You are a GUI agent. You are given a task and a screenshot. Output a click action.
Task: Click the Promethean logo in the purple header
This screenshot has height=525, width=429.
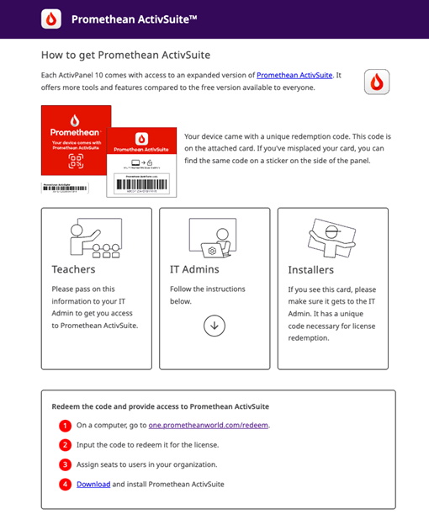[51, 19]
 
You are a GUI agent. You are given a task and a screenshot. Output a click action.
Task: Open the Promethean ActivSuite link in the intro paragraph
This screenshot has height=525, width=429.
[294, 76]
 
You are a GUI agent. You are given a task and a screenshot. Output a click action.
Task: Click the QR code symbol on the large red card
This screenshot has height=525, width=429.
[76, 162]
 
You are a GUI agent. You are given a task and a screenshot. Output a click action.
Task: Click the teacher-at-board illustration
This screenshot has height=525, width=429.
[95, 237]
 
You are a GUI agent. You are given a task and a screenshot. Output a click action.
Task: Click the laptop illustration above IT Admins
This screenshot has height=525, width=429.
[214, 237]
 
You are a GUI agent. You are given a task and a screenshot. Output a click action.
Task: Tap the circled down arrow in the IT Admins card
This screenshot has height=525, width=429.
[214, 326]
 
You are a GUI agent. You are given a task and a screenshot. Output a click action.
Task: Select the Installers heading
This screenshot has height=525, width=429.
[310, 270]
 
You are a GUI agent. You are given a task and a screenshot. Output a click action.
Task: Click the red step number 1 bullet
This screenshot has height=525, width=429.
[66, 425]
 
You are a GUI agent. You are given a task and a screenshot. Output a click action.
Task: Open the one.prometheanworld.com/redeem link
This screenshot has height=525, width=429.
[209, 425]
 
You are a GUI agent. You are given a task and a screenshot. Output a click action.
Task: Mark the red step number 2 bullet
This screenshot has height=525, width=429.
[66, 444]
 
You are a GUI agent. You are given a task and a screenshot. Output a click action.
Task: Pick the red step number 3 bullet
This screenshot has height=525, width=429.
[66, 464]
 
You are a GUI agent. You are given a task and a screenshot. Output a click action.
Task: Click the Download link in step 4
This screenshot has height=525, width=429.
[93, 484]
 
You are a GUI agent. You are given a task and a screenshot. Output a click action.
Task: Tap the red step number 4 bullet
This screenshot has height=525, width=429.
[66, 484]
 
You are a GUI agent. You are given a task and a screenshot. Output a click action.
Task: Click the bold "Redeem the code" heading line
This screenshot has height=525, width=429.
[160, 406]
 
